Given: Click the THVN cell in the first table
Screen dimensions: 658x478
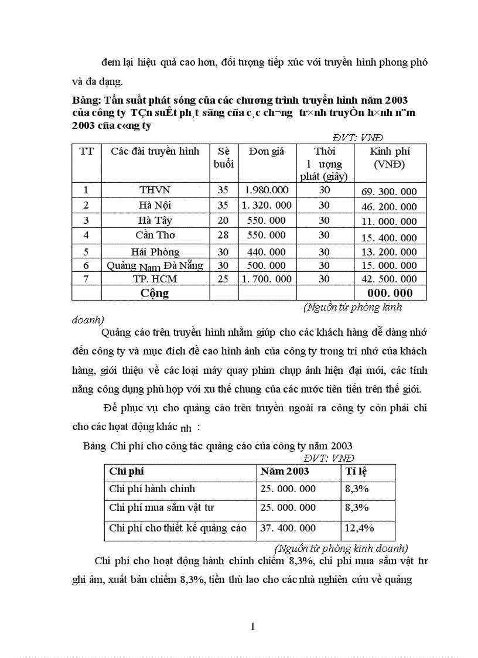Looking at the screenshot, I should [x=155, y=190].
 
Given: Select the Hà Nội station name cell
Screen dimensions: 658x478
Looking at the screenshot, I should [x=155, y=206].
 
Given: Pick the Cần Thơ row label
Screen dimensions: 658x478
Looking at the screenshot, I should [x=155, y=235].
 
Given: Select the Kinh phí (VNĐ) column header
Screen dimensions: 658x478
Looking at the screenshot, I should [x=390, y=158].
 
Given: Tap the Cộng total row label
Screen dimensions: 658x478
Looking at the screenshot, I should [x=155, y=293].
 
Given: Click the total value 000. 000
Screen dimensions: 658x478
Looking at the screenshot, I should [x=389, y=293].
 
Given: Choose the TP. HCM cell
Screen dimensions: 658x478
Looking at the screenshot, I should [x=155, y=279].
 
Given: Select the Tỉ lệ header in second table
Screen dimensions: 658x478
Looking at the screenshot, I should [x=356, y=471].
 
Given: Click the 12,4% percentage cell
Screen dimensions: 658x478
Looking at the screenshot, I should [x=359, y=529].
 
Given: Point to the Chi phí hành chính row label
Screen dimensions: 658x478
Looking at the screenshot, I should [x=152, y=489].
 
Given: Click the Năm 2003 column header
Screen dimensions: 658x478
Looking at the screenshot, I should [x=285, y=471].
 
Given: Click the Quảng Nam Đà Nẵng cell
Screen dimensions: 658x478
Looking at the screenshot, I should [x=155, y=265].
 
